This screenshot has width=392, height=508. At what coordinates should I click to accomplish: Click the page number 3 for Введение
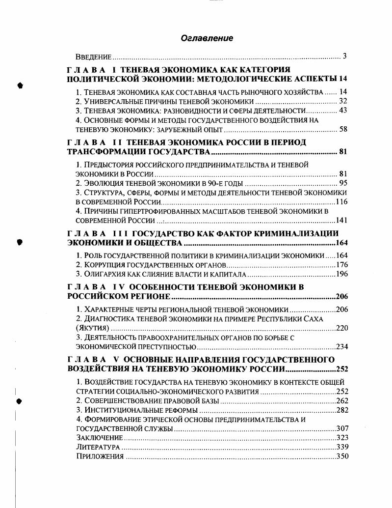point(345,56)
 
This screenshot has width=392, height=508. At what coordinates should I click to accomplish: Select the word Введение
point(93,57)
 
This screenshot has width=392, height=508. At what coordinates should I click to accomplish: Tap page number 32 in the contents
point(343,101)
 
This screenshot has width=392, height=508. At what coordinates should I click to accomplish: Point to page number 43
point(343,111)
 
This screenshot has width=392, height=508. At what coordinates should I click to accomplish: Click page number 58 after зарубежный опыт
point(343,130)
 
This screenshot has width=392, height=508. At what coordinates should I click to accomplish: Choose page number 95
point(343,183)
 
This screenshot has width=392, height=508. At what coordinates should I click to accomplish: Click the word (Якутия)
point(93,328)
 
